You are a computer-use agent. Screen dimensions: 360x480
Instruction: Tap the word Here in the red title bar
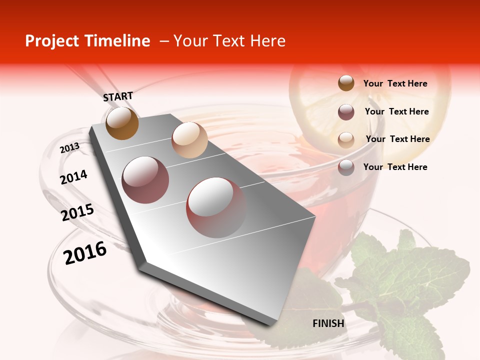click(x=267, y=41)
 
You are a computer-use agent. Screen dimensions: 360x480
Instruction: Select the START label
click(x=118, y=96)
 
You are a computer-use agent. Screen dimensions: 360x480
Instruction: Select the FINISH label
click(x=328, y=323)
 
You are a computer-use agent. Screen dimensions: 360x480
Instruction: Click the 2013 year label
click(x=69, y=148)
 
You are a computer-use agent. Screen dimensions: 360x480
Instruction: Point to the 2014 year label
click(x=73, y=177)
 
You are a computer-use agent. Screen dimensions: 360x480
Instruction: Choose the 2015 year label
click(x=77, y=213)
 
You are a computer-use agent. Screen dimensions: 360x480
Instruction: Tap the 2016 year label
click(x=85, y=253)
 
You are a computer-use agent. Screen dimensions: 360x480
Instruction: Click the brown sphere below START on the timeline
click(x=122, y=123)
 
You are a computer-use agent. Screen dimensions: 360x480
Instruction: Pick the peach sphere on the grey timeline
click(x=189, y=140)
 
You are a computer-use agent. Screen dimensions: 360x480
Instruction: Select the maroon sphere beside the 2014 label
click(x=145, y=180)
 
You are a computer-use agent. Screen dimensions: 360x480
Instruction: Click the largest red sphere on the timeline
click(x=216, y=207)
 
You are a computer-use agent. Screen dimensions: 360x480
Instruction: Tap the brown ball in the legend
click(x=346, y=83)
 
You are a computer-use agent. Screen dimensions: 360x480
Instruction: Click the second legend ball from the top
click(x=346, y=112)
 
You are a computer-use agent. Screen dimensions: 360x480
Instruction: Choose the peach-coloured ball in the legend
click(x=346, y=140)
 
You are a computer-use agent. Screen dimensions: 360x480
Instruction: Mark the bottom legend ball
click(x=346, y=167)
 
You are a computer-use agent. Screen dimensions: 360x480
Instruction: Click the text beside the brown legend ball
click(x=395, y=84)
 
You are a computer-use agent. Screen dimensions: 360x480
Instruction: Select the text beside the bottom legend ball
click(x=395, y=167)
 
